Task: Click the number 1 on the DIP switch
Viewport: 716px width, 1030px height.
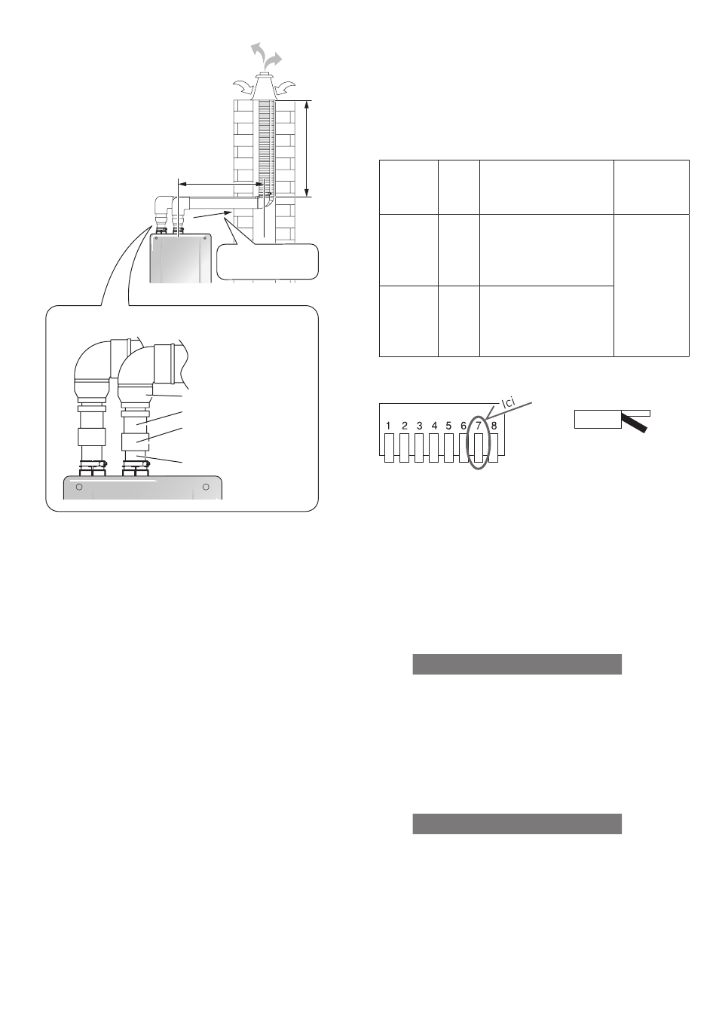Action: click(x=389, y=426)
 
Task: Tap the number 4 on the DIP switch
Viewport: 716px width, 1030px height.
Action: click(x=434, y=426)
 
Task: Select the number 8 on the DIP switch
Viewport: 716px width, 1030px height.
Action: click(x=494, y=426)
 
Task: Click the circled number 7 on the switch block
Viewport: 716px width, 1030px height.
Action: click(x=479, y=426)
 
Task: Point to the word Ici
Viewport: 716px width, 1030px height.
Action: click(x=508, y=402)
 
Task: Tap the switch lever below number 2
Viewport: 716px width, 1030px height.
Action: click(x=404, y=448)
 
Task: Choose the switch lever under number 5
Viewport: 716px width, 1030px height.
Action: click(x=449, y=448)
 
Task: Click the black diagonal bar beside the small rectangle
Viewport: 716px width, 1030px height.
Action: click(x=634, y=423)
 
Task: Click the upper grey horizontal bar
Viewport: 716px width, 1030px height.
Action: click(x=517, y=664)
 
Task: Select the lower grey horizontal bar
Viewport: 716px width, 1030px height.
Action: click(x=517, y=824)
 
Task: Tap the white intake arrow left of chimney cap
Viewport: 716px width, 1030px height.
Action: click(x=243, y=87)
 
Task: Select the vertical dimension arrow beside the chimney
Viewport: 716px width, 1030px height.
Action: click(x=308, y=148)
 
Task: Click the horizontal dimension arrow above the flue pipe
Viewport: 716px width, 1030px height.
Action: click(x=220, y=185)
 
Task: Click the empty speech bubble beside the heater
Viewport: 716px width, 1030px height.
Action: click(x=267, y=261)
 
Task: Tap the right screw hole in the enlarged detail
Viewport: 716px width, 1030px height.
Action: click(x=206, y=487)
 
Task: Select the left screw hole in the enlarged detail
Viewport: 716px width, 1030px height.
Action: click(x=79, y=487)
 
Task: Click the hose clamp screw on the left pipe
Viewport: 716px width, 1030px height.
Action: click(x=104, y=464)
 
